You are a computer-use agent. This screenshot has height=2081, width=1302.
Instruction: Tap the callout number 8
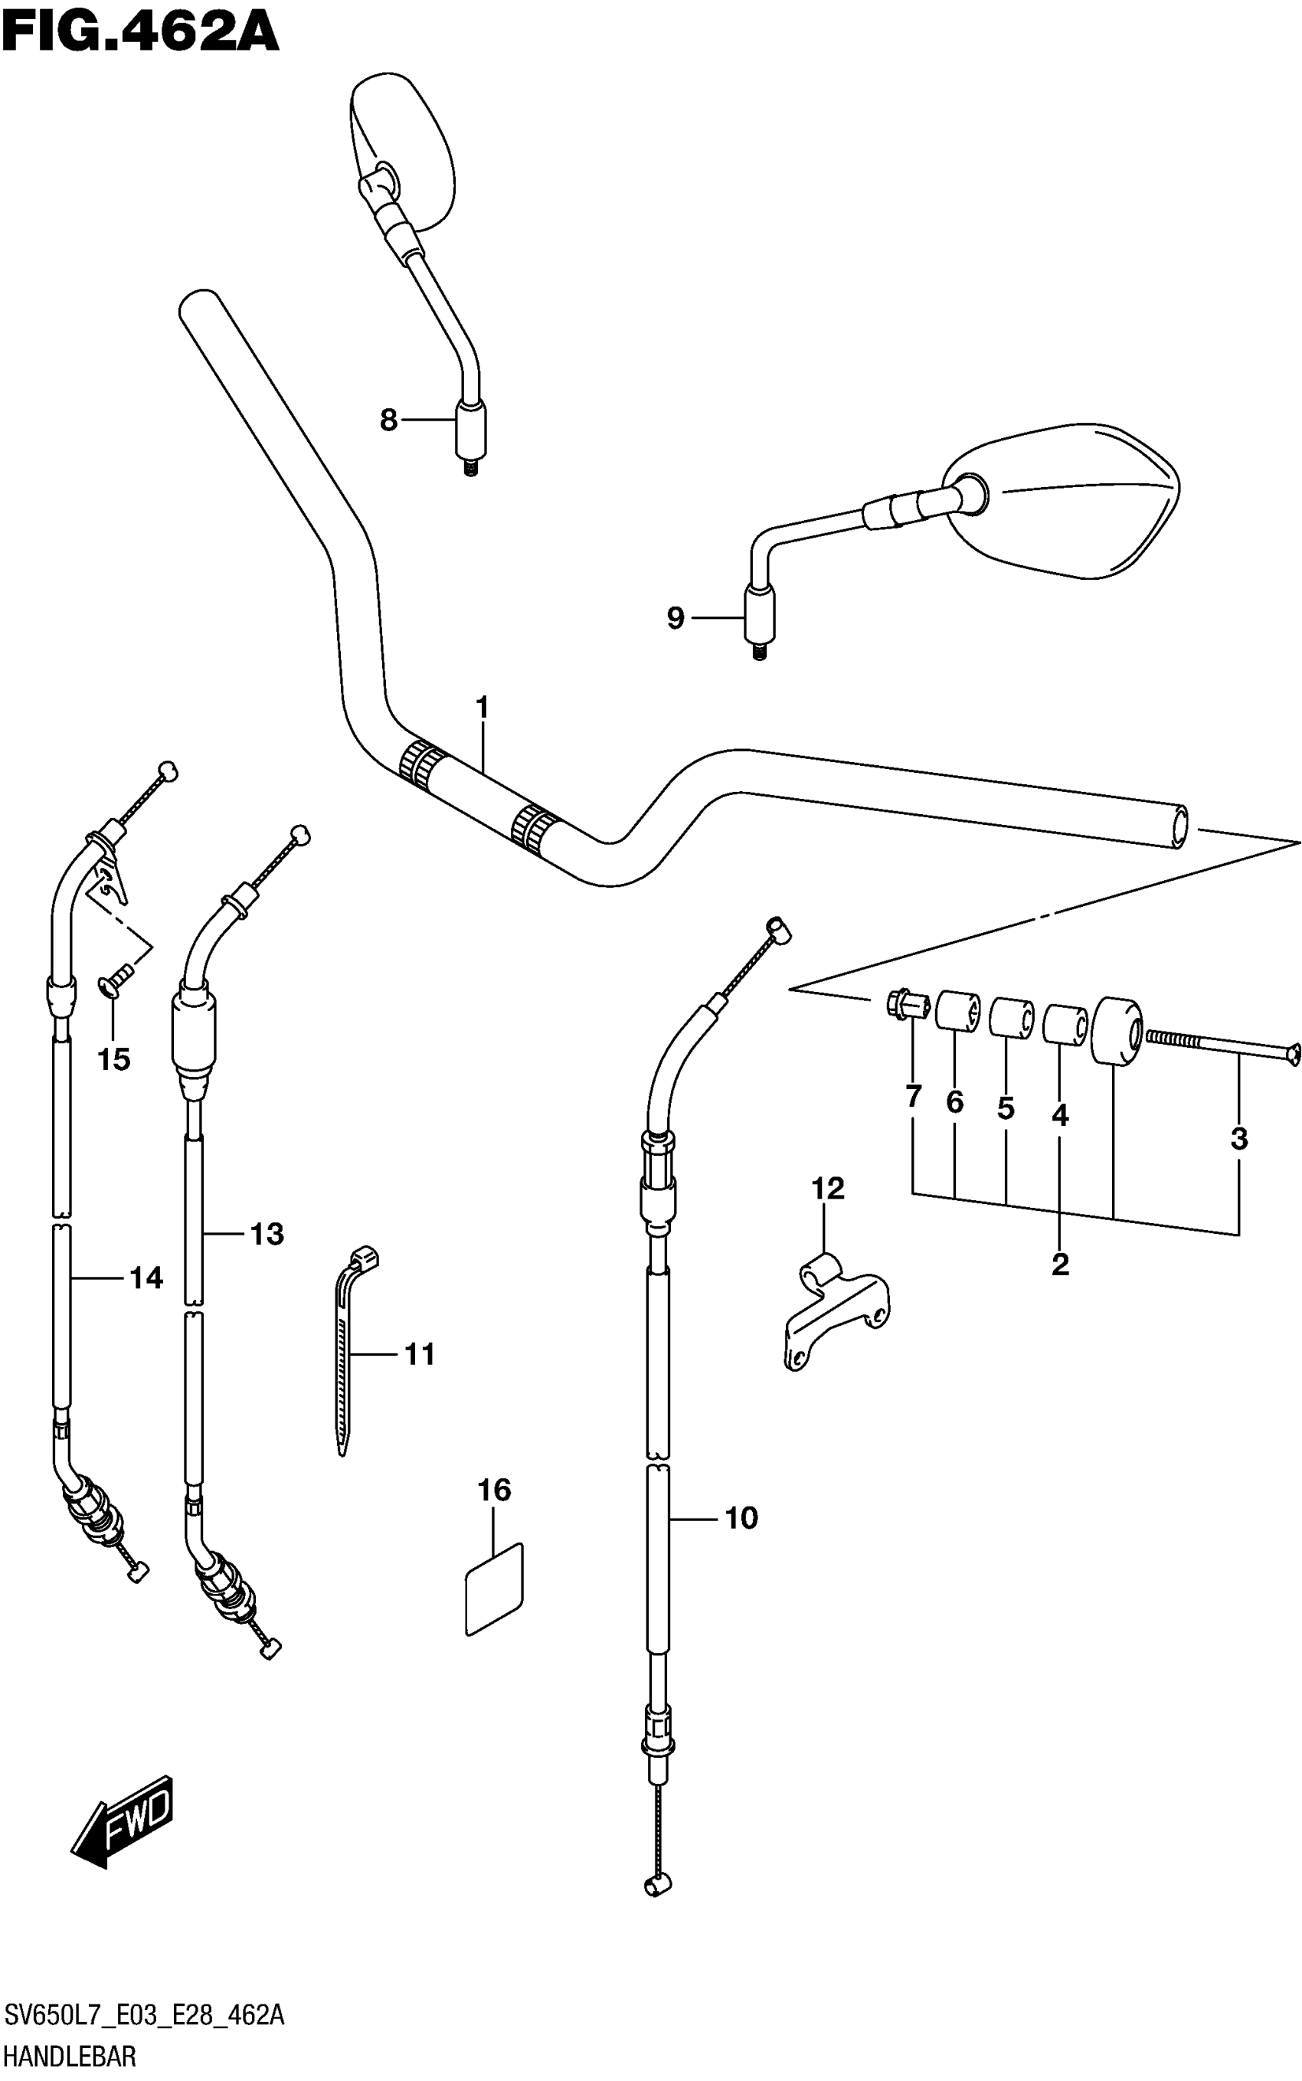point(388,420)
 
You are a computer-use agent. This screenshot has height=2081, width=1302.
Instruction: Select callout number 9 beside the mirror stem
point(675,618)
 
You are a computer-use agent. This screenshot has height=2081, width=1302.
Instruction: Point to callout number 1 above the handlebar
point(483,708)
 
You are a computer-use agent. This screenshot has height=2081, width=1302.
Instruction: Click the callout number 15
point(113,1060)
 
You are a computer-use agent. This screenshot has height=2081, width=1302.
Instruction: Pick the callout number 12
point(827,1189)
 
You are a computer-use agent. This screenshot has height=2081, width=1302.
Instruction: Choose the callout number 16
point(494,1490)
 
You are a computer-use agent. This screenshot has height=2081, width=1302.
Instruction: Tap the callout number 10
point(741,1518)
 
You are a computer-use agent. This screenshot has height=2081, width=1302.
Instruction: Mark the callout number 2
point(1060,1264)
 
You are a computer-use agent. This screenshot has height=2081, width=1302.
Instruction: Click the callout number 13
point(267,1234)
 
